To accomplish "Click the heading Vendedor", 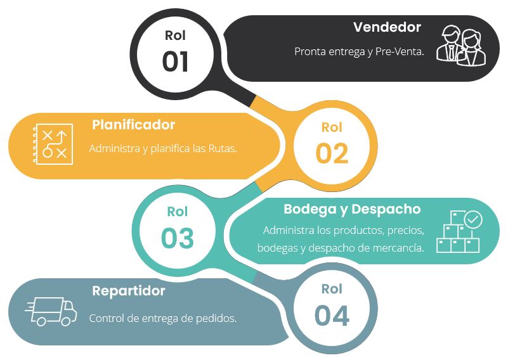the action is coord(387,27).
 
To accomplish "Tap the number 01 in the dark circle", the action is coord(175,61).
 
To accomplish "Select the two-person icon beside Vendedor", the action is coord(461,46).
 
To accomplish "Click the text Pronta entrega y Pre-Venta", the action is coord(359,51).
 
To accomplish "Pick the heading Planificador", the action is coord(133,125).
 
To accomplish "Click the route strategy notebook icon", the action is coord(53,144).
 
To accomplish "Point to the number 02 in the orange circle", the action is coord(332,153).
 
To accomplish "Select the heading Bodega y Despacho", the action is coord(352,209).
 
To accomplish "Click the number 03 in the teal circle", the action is coord(177,238).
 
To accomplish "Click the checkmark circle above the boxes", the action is coord(473,219).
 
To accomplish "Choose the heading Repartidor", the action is coord(129,291).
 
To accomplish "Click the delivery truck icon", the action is coord(51,311).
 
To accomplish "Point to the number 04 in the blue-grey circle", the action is coord(332,316).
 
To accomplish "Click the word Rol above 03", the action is coord(177,212).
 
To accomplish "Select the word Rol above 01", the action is coord(175,35).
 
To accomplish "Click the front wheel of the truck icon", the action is coord(66,321).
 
